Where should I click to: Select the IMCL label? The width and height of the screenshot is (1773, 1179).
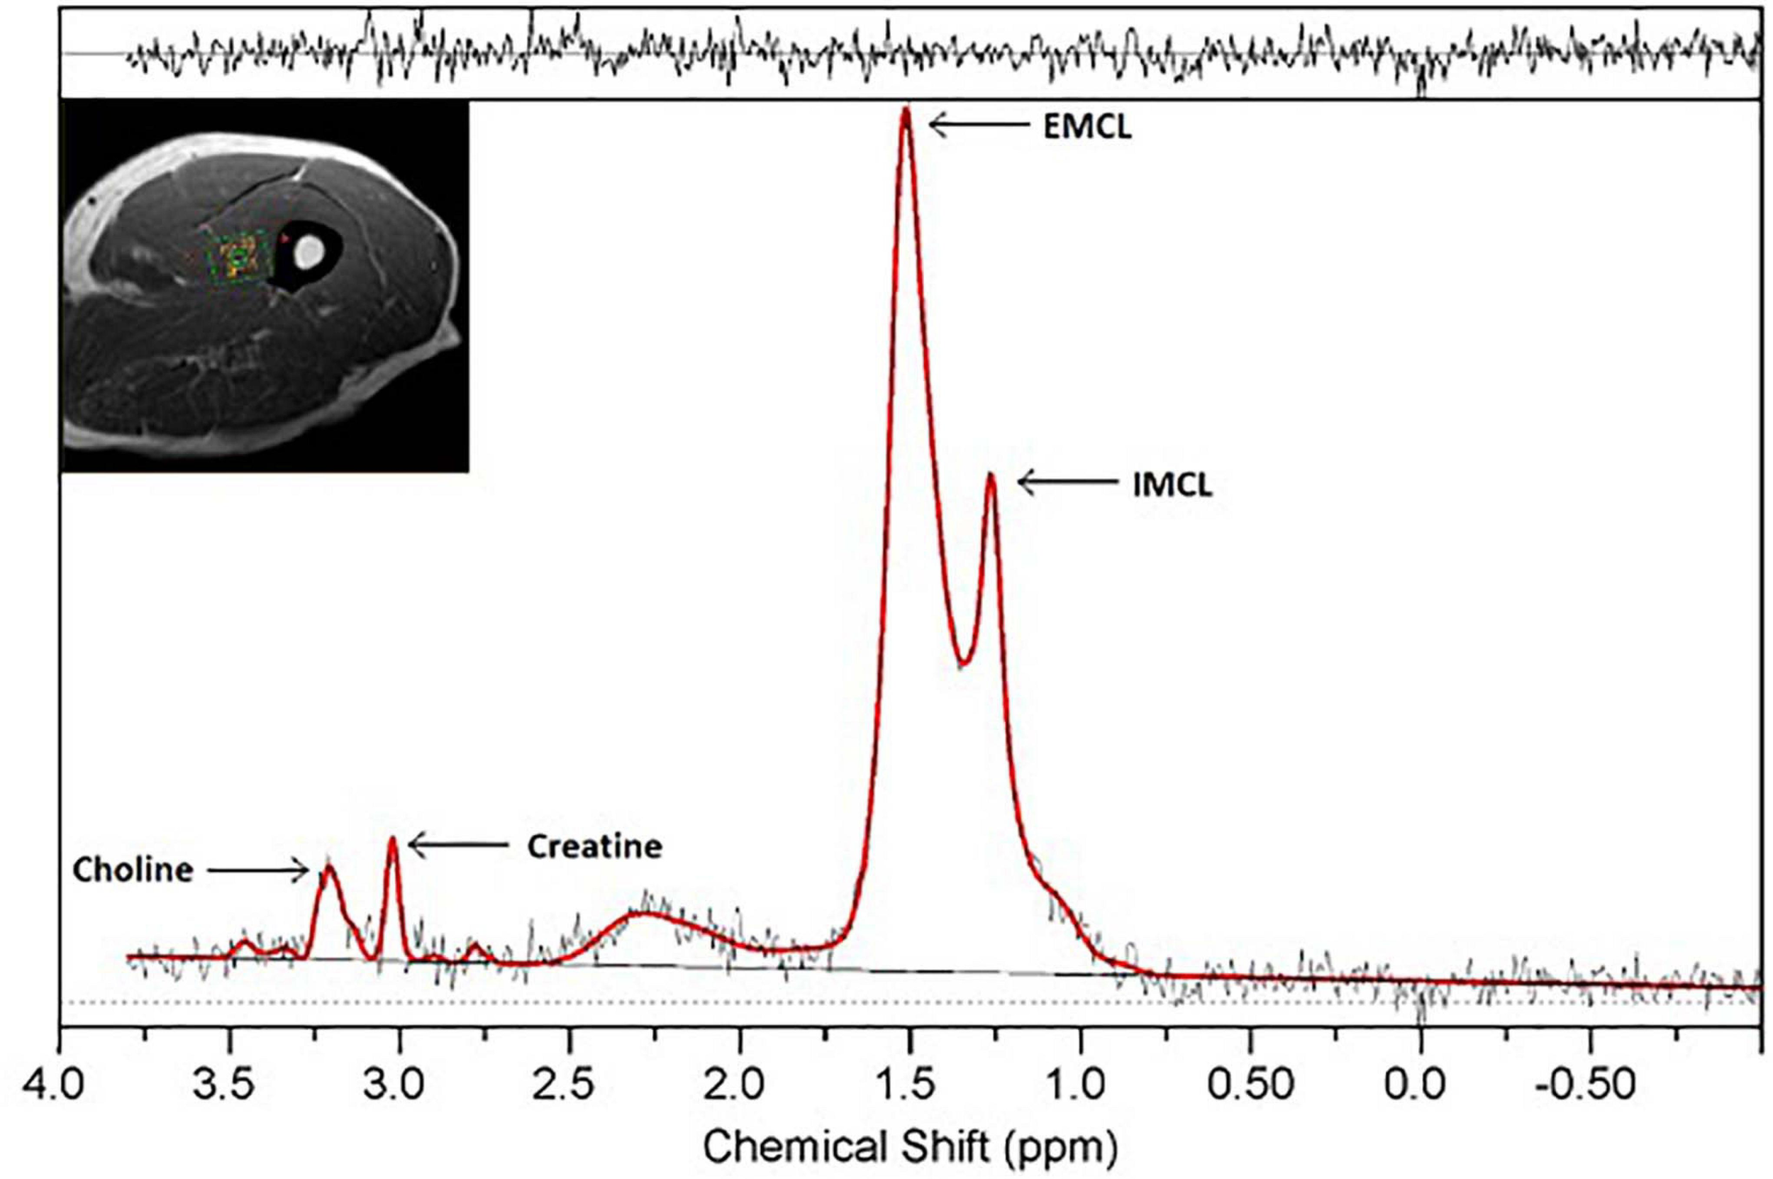pyautogui.click(x=1172, y=485)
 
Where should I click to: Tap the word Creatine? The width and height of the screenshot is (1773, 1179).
pyautogui.click(x=594, y=847)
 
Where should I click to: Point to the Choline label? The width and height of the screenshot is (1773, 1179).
pyautogui.click(x=133, y=870)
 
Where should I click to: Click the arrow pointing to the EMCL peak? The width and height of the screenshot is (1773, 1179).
pyautogui.click(x=979, y=125)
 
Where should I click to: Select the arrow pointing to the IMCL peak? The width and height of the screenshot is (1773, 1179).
pyautogui.click(x=1067, y=482)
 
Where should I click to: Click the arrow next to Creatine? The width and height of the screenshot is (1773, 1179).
pyautogui.click(x=457, y=845)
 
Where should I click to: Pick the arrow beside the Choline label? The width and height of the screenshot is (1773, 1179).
pyautogui.click(x=258, y=870)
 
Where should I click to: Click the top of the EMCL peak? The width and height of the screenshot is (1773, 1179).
pyautogui.click(x=906, y=111)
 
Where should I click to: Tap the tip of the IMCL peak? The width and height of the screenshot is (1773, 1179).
pyautogui.click(x=991, y=475)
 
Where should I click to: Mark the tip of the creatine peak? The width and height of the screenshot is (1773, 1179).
pyautogui.click(x=392, y=840)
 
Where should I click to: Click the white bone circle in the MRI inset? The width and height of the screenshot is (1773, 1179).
pyautogui.click(x=309, y=251)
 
